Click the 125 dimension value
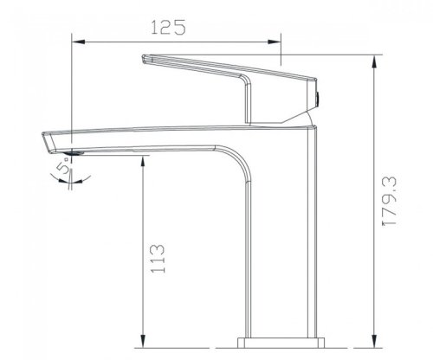coord(169,27)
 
